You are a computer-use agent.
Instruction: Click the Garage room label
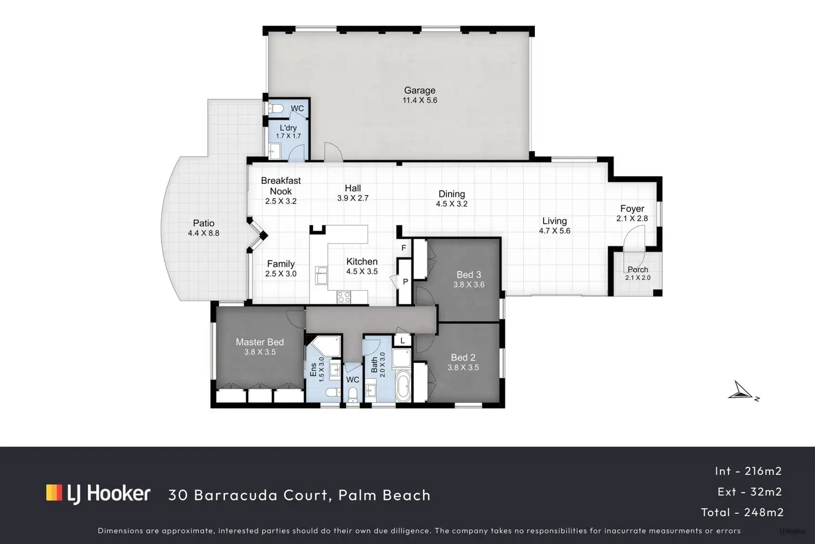coord(420,90)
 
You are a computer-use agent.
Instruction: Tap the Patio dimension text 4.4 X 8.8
coord(203,233)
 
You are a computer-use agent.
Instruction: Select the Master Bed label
coord(260,342)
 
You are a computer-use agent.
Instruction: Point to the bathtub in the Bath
coord(403,386)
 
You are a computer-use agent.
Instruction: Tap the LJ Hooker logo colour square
coord(54,492)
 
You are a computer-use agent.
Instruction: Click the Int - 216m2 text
coord(748,471)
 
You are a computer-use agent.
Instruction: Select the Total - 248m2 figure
coord(742,512)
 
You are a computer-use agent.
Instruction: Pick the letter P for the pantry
coord(405,282)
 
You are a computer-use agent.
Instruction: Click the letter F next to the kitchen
coord(404,248)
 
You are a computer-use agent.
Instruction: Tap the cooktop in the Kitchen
coord(343,297)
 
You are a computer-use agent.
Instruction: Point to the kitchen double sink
coord(321,275)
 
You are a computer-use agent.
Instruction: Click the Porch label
coord(638,269)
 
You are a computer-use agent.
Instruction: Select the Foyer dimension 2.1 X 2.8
coord(632,218)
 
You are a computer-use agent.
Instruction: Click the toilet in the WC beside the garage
coord(276,109)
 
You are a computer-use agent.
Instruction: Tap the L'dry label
coord(288,128)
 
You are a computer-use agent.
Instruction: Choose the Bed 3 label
coord(468,275)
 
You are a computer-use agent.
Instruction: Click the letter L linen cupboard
coord(403,341)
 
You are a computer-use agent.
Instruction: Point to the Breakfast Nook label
coord(281,186)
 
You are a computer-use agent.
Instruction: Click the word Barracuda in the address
coord(235,495)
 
